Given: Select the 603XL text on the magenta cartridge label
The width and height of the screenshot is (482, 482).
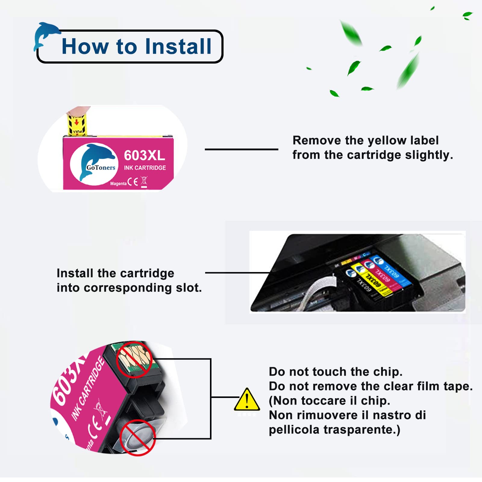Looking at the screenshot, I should coord(144,155).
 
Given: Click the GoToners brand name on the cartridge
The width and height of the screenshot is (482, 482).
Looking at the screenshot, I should coord(101,167).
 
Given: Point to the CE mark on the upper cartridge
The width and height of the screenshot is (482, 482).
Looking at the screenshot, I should coord(133,182).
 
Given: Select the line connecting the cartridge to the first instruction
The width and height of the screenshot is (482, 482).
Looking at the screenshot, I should coord(241,149).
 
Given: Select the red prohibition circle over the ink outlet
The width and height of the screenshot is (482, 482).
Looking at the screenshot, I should coord(138,437).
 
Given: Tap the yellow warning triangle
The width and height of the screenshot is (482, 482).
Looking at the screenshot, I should coord(247,400).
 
